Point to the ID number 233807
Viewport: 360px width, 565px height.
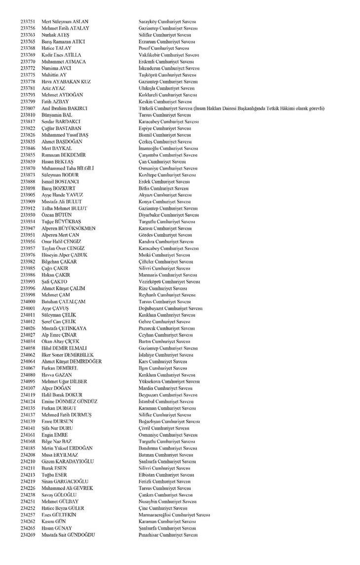28,108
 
